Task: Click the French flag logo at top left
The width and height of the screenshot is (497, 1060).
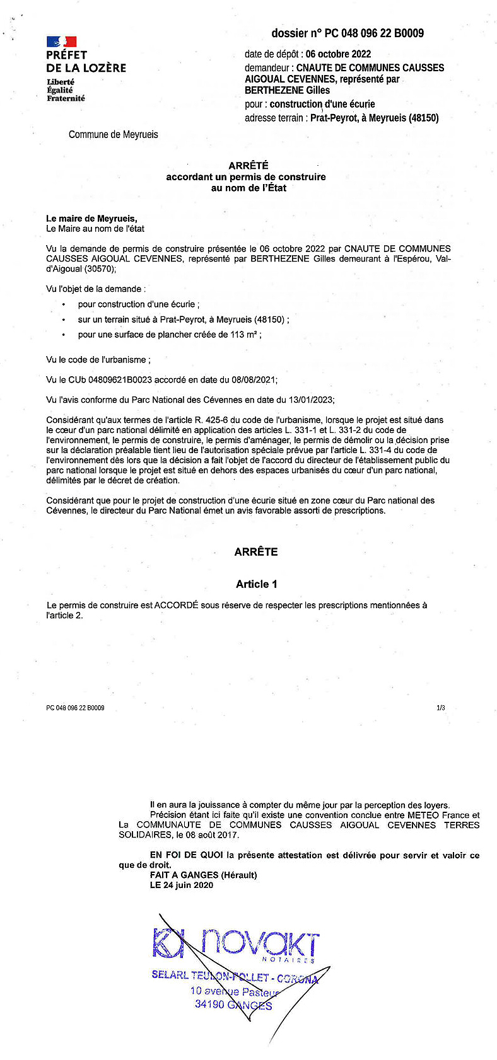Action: [x=61, y=42]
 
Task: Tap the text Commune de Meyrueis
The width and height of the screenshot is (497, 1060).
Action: [x=114, y=134]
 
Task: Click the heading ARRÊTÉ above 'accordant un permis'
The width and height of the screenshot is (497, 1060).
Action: [x=248, y=166]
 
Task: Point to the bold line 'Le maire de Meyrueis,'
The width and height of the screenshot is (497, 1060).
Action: [x=91, y=219]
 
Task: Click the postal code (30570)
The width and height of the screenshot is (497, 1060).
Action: [x=104, y=269]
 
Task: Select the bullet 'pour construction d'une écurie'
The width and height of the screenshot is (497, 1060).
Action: [x=138, y=304]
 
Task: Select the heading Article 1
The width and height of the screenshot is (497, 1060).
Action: [x=256, y=584]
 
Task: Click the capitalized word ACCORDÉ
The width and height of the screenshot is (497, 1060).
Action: [x=177, y=605]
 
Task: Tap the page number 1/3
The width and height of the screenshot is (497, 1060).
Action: [x=440, y=708]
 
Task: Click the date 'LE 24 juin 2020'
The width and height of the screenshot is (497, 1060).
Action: [x=182, y=885]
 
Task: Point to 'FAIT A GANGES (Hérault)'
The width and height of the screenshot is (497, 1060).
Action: [x=203, y=875]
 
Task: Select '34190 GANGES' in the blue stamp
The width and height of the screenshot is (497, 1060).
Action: [x=233, y=1005]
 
